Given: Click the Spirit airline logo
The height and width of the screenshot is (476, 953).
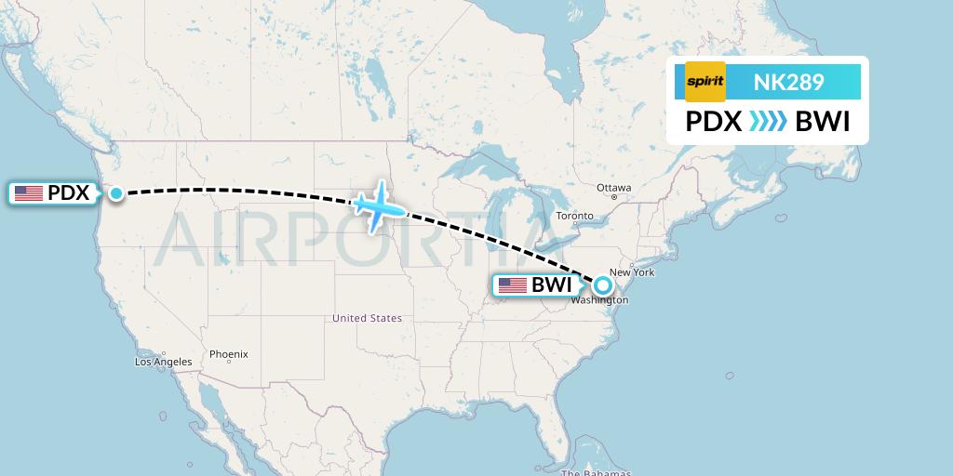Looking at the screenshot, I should click(x=705, y=82).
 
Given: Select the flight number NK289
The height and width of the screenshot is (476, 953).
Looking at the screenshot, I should click(x=788, y=82).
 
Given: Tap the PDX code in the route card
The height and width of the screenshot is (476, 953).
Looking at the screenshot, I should click(x=713, y=122).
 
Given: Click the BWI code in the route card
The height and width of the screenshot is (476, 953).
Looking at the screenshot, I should click(x=823, y=122).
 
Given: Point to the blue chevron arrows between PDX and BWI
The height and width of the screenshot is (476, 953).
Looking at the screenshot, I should click(x=768, y=122).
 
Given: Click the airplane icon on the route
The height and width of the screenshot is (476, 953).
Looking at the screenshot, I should click(x=377, y=205).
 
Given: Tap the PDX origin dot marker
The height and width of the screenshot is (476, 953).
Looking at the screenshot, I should click(x=116, y=193).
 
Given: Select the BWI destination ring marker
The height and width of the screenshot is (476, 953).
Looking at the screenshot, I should click(x=603, y=286).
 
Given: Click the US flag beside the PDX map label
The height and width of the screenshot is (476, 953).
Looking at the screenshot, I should click(x=29, y=193).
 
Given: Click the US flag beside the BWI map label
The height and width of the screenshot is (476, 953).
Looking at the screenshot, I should click(x=513, y=285).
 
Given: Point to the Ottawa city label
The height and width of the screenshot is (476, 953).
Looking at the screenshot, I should click(x=614, y=188).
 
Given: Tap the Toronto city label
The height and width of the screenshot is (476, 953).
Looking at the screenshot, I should click(x=574, y=216).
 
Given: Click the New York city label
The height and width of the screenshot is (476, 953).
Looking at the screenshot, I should click(x=632, y=272).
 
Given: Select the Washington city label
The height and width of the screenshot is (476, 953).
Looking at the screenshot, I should click(x=600, y=300).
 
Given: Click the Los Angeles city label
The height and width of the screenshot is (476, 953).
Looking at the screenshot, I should click(x=163, y=362).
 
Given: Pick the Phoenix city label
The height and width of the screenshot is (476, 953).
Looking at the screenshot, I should click(x=228, y=354).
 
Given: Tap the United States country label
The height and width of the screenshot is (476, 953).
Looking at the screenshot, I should click(x=368, y=318).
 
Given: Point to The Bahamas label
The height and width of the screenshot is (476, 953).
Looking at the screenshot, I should click(x=605, y=472).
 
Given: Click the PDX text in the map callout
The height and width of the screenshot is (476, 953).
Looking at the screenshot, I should click(x=68, y=193).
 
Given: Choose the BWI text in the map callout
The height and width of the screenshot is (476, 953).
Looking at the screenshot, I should click(x=552, y=285).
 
